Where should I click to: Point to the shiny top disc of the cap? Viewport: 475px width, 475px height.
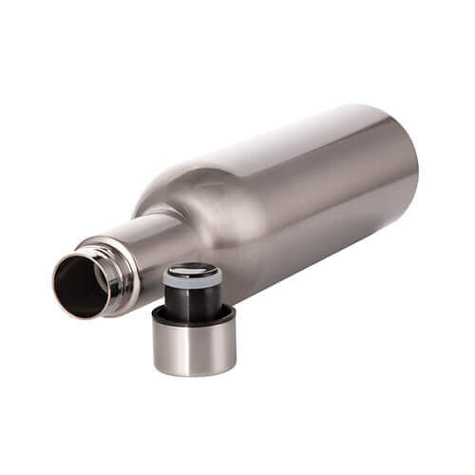(x=193, y=271)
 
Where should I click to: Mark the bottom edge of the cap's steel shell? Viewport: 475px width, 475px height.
(x=194, y=371)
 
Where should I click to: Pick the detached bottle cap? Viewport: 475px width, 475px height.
(x=194, y=323)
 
